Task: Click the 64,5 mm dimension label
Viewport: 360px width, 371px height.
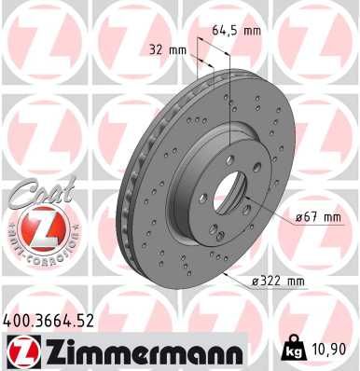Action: pos(238,32)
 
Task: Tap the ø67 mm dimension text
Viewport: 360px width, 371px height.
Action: pos(319,218)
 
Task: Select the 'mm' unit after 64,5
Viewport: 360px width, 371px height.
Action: pos(254,32)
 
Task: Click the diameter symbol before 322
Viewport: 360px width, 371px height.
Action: pos(256,281)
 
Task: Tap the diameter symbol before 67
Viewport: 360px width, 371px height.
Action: pos(298,218)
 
